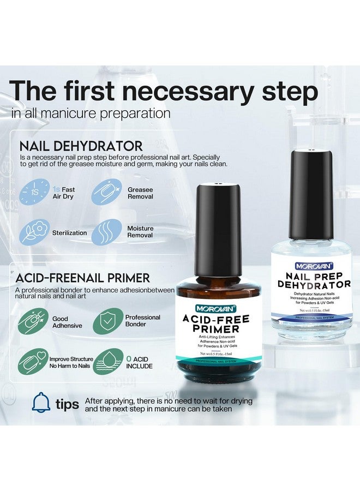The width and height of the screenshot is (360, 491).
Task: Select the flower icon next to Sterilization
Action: (x=34, y=233)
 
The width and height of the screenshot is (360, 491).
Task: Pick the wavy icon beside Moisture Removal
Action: (x=106, y=233)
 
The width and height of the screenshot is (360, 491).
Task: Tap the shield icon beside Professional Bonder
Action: (x=107, y=322)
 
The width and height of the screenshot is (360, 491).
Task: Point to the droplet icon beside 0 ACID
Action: (x=107, y=362)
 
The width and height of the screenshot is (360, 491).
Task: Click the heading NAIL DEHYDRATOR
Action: (x=81, y=146)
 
